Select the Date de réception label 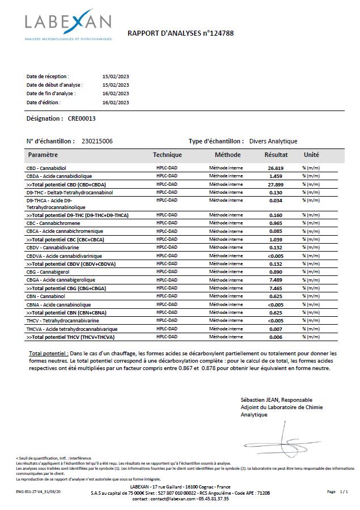tap(48, 76)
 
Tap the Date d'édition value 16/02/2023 tap(116, 103)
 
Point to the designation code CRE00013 tap(82, 119)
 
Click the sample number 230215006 tap(98, 141)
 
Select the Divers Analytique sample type tap(273, 141)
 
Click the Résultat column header tap(276, 155)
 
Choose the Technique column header tap(167, 155)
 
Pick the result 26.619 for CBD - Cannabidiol tap(276, 168)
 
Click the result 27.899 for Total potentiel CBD tap(276, 185)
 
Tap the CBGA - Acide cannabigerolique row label tap(61, 280)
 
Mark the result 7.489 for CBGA tap(276, 280)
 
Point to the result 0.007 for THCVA tap(276, 329)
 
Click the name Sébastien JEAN tap(260, 400)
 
